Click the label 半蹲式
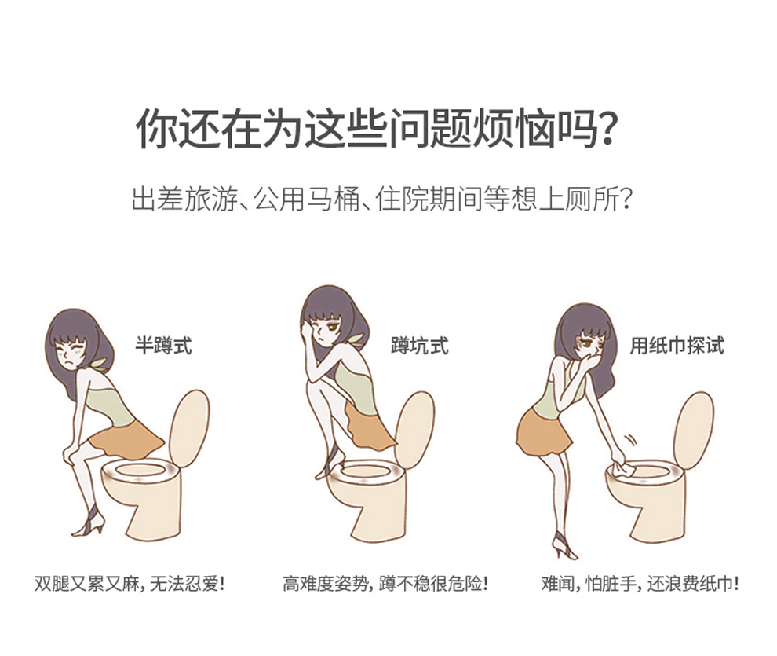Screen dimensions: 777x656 point(163,346)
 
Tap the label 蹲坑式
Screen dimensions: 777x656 point(420,346)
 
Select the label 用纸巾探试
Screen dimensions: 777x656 point(677,346)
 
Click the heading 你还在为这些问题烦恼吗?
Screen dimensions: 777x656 point(376,128)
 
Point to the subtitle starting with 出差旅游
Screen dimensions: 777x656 point(382,200)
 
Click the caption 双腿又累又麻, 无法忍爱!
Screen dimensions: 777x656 point(129,584)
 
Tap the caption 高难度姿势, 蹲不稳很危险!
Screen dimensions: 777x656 point(385,584)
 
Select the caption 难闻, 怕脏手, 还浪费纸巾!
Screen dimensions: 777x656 point(640,584)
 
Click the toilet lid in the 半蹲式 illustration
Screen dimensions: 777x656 point(189,427)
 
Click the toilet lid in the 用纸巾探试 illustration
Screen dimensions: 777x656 point(694,430)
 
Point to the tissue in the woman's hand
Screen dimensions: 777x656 point(622,467)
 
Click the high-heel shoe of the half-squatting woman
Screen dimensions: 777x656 point(89,522)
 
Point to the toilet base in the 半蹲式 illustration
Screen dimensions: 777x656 point(151,507)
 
